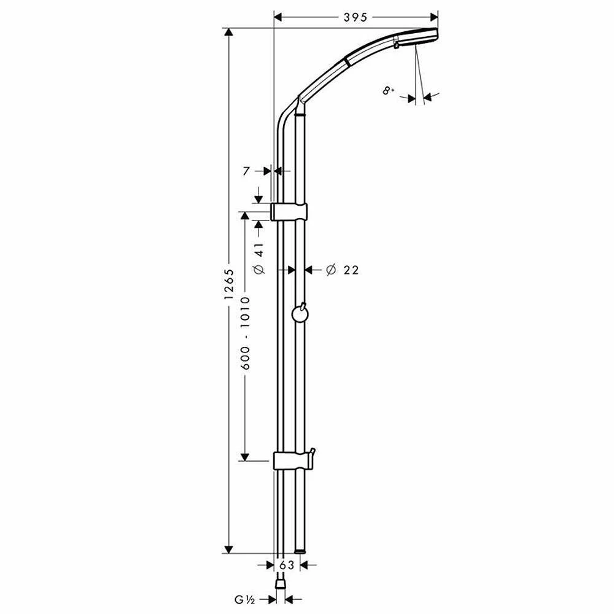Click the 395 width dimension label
coord(355,17)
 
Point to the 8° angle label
coord(388,91)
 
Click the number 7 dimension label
coord(246,171)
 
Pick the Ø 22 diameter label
coord(342,270)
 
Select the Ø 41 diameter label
coord(260,258)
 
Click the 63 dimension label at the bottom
coord(287,565)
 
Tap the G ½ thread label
coord(245,599)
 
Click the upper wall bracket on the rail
coord(289,212)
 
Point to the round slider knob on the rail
coord(300,313)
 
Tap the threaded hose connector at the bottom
coord(281,585)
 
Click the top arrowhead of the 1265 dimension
coord(228,33)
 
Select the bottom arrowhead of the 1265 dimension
coord(228,549)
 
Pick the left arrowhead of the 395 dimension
coord(278,17)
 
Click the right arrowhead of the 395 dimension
coord(434,17)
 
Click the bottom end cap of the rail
coord(300,551)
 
